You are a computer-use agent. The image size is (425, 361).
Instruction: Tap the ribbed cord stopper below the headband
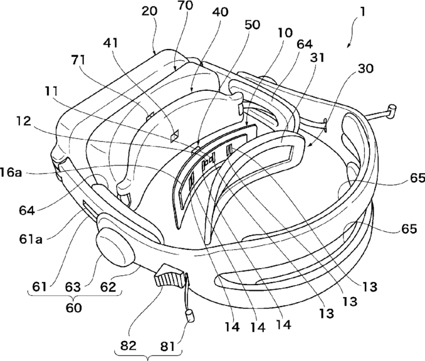click(x=167, y=276)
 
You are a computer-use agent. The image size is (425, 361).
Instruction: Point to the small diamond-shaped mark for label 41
click(x=175, y=133)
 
